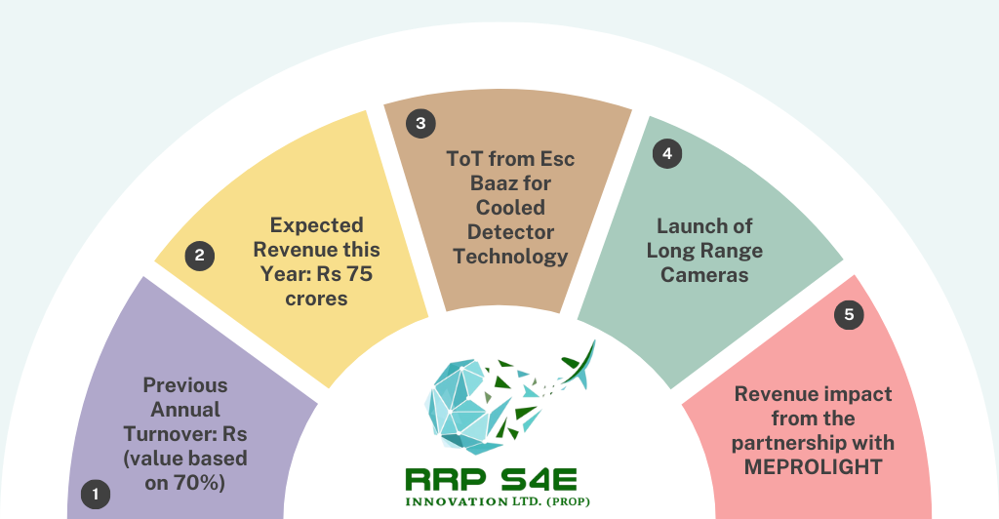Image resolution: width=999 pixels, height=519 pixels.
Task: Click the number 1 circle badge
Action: pos(96,495)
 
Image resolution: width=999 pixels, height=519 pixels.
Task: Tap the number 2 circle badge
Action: pos(199,256)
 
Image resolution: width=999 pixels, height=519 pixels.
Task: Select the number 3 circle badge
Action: pos(420,123)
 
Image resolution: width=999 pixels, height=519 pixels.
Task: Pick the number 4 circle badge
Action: pos(667,153)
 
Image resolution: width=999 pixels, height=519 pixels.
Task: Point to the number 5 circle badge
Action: pos(849,314)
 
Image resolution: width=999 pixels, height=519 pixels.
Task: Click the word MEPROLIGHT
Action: pos(813,466)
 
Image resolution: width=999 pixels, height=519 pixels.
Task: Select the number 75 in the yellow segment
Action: pos(360,274)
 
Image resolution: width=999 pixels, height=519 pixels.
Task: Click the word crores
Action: pos(317,299)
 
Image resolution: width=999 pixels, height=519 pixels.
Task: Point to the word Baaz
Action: pos(493,183)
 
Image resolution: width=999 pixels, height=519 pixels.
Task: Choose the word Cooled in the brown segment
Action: pos(510,208)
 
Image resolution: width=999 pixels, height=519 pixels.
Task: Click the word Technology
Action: pos(510,257)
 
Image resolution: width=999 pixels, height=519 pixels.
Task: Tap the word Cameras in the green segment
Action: pos(704,275)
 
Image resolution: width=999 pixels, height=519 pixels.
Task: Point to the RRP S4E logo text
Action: pos(492,480)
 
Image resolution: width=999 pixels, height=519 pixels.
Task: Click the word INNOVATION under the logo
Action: pos(457,501)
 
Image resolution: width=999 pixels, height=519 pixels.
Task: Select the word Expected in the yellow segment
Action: pos(317,225)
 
